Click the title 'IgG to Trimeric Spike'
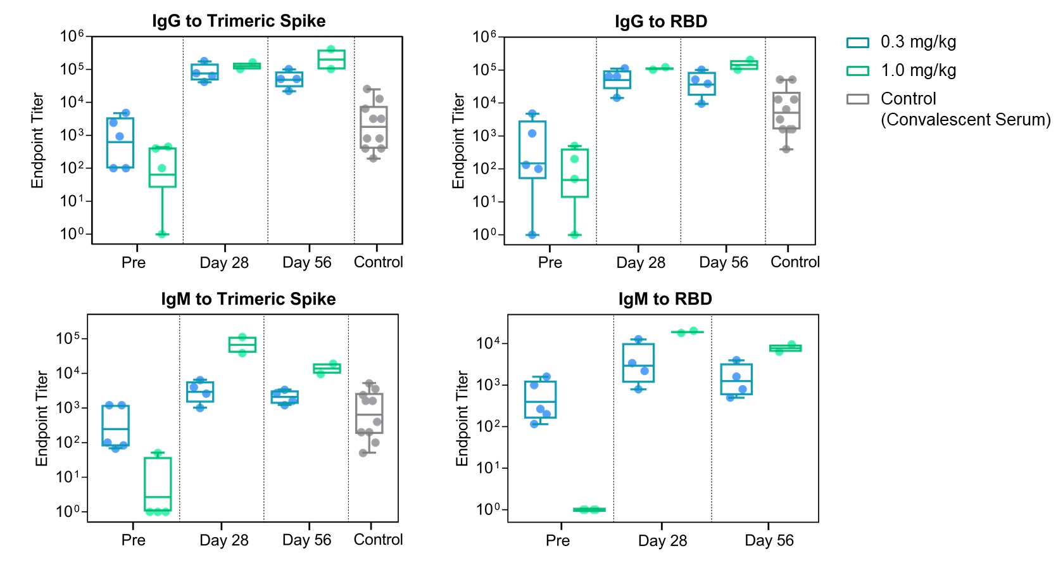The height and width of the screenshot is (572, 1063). [239, 21]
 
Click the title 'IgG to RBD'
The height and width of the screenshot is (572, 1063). [660, 22]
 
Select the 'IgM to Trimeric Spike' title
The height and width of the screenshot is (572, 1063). [248, 299]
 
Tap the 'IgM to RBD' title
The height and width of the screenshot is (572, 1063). [665, 299]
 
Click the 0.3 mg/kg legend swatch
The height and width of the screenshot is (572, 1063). [857, 42]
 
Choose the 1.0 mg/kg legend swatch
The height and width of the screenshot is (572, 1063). [857, 71]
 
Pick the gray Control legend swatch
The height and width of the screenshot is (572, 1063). [857, 99]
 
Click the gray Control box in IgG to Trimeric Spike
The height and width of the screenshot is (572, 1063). [374, 127]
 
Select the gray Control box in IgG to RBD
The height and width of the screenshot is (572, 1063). [786, 111]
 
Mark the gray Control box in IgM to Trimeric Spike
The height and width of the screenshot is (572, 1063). [369, 413]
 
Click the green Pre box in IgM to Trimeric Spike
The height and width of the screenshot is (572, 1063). [158, 484]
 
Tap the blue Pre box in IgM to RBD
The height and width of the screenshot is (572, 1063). [540, 399]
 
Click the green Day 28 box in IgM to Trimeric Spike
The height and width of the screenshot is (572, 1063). [242, 344]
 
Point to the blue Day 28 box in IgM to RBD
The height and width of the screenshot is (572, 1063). [638, 362]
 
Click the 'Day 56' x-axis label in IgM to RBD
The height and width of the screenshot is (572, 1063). [769, 540]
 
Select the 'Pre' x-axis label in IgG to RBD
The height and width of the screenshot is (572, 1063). [550, 262]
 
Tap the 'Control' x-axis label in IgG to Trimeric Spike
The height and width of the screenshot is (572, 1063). [378, 262]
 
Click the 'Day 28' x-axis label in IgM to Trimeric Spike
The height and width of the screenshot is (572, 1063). [223, 540]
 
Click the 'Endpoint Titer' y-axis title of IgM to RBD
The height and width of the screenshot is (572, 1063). [462, 419]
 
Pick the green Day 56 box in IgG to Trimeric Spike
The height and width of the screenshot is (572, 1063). [331, 59]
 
